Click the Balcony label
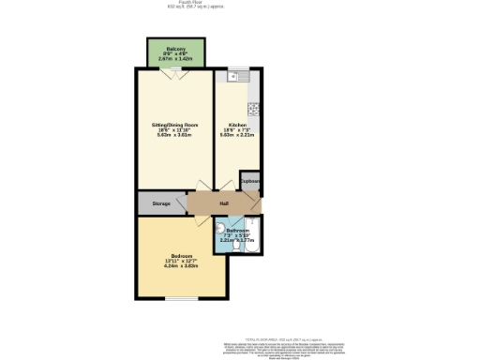click(175, 49)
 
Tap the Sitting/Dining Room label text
click(174, 125)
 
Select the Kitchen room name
click(238, 125)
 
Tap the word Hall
click(224, 203)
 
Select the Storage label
click(161, 203)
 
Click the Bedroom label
click(181, 259)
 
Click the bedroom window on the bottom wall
click(180, 299)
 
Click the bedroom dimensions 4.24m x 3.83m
click(181, 265)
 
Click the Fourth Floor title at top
click(239, 3)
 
